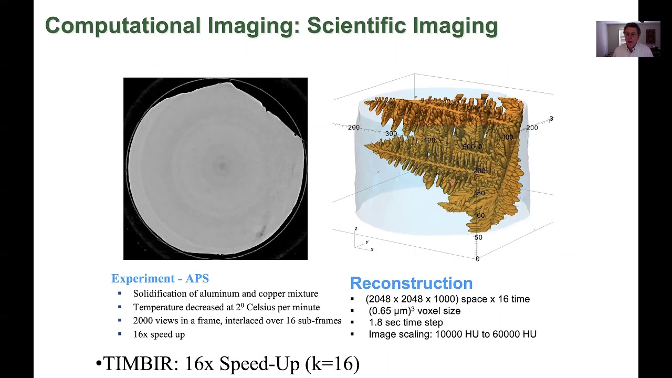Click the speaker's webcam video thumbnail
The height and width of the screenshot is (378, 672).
click(628, 39)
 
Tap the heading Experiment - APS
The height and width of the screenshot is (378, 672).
click(160, 279)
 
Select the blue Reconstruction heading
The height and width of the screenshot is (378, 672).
click(411, 283)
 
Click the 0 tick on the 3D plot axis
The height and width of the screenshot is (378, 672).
click(477, 259)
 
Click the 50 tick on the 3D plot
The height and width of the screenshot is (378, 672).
click(478, 237)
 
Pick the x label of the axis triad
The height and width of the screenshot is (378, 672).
click(372, 249)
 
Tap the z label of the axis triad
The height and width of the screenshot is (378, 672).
click(356, 228)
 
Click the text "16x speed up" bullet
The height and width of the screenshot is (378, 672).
click(159, 334)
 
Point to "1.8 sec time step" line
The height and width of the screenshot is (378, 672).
click(406, 322)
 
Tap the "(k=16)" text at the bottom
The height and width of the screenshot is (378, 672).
click(332, 363)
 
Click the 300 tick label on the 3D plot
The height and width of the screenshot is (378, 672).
click(391, 134)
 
